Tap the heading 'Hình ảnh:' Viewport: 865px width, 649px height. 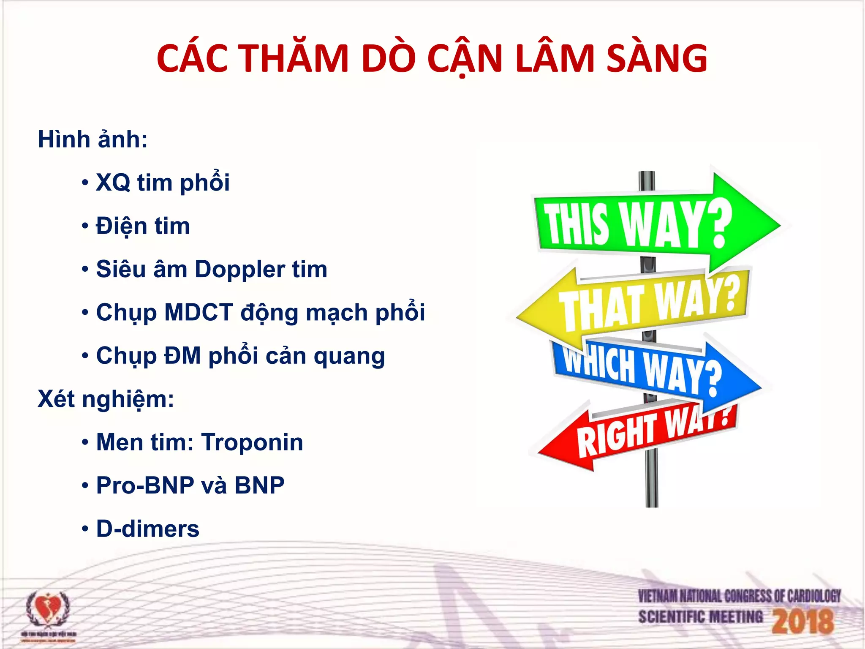(93, 139)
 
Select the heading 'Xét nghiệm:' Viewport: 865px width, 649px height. (106, 399)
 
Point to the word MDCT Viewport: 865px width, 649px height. (199, 313)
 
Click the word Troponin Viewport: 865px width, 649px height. (252, 442)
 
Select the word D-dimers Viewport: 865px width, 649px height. (148, 529)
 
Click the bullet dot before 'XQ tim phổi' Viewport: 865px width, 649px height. (85, 183)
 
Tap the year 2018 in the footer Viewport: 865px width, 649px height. (802, 621)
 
